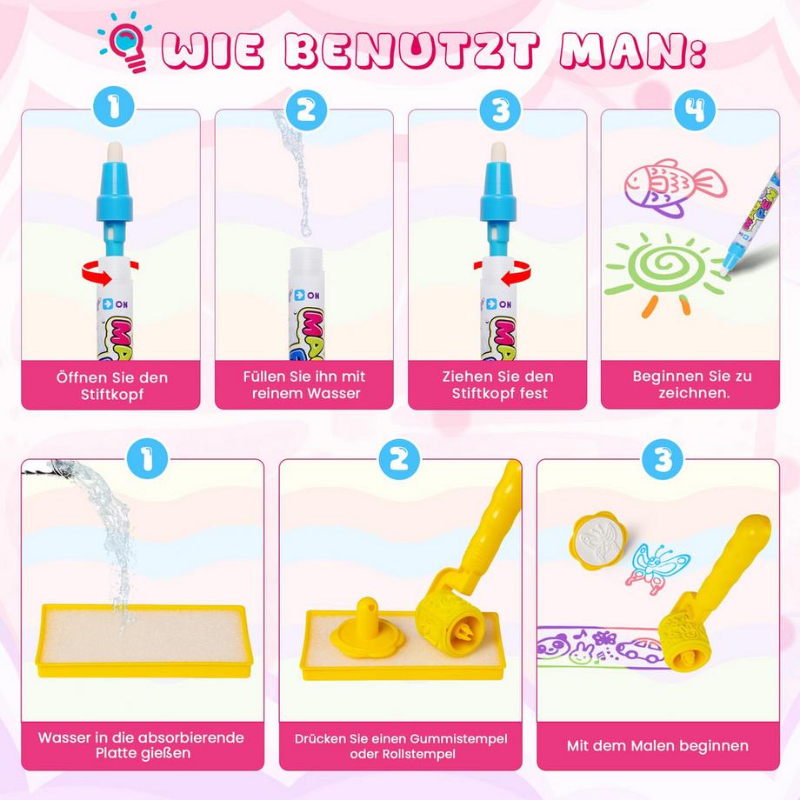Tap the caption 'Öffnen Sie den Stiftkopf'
tap(110, 385)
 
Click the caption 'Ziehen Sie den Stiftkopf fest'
tap(497, 385)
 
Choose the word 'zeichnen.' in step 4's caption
tap(693, 393)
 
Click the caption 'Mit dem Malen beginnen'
tap(657, 745)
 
